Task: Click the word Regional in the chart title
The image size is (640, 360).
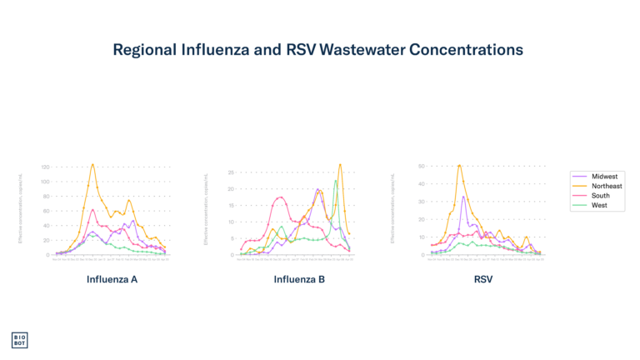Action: point(143,50)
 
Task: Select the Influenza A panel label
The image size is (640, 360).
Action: point(112,279)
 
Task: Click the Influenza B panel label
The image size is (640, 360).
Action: point(299,279)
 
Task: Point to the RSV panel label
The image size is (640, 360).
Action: point(483,279)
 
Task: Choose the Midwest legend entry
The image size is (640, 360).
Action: point(603,177)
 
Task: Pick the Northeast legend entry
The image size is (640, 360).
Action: point(606,186)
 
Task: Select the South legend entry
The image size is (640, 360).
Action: point(600,196)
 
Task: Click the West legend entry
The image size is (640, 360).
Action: point(599,205)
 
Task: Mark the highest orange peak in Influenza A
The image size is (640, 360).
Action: point(92,164)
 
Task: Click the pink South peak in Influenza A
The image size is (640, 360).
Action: point(92,209)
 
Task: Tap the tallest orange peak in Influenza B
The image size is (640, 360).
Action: point(340,164)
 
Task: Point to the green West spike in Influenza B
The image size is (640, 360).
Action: point(336,181)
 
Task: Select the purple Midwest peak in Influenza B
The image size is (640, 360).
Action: point(318,190)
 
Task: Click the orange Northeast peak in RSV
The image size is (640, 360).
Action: point(459,164)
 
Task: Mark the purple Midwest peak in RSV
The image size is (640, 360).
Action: point(463,196)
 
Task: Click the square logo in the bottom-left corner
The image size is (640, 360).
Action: point(19,340)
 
